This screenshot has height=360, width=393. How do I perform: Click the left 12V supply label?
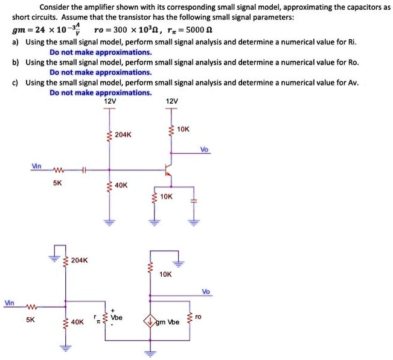coord(110,101)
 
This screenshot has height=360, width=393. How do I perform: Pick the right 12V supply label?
coord(171,101)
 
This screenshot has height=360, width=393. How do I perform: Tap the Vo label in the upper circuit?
coord(205,150)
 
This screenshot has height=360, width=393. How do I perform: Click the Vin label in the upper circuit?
coord(37,165)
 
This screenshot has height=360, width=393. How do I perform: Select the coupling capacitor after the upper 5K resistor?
coord(84,171)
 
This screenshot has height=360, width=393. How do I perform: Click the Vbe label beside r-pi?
coord(117,317)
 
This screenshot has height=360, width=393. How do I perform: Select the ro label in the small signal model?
coord(200,316)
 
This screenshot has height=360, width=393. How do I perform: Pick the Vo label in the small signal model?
coord(206,291)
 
